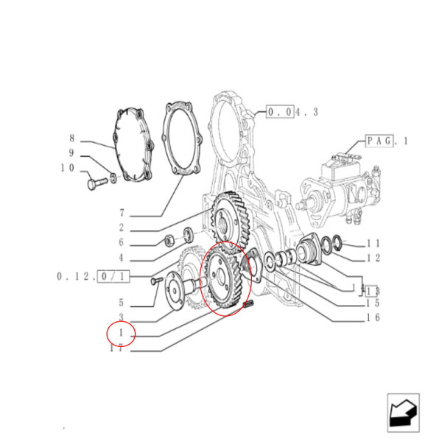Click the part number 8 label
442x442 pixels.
72,138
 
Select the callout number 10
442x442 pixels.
69,168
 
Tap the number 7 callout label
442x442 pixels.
121,214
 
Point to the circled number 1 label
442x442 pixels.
121,333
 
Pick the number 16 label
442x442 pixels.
373,318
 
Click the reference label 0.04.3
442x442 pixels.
292,112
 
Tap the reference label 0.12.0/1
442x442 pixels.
94,276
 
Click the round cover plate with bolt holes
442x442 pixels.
133,144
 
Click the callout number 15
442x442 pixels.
373,303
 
